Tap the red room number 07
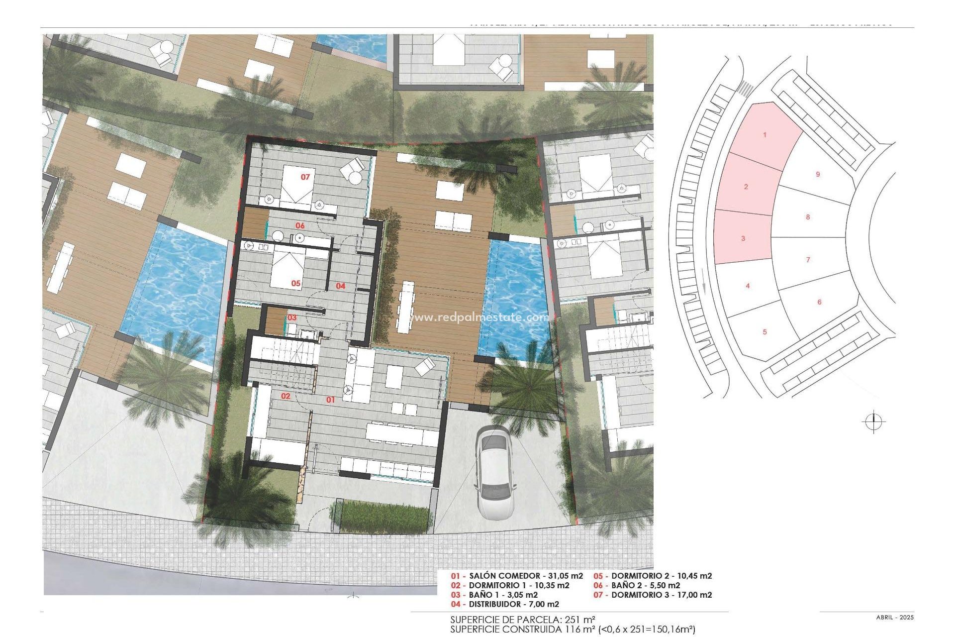click(305, 177)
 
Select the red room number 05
click(296, 283)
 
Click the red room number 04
click(340, 286)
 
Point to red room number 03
click(292, 318)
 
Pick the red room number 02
click(286, 396)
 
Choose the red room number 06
click(300, 225)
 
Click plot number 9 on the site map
click(818, 174)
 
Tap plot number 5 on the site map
click(765, 332)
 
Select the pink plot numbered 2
click(746, 187)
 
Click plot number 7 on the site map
click(808, 259)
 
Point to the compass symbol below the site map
click(873, 422)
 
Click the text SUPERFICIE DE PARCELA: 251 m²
click(523, 620)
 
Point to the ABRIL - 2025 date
click(895, 618)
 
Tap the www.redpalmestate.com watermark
click(473, 317)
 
